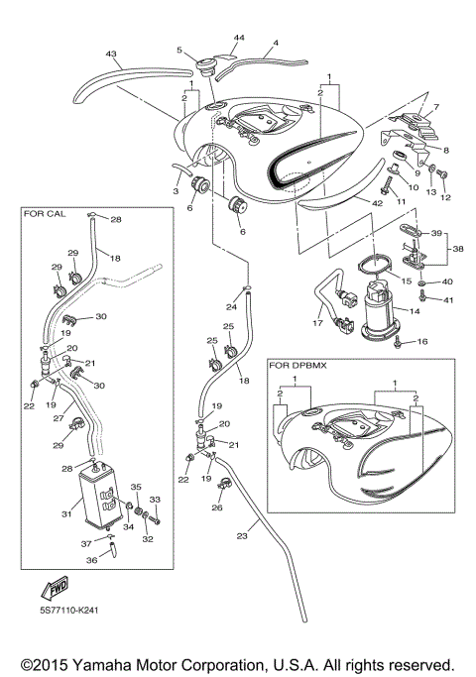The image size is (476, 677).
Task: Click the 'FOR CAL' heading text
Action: (43, 213)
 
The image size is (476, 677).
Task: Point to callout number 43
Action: (111, 54)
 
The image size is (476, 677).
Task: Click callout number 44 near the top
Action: (238, 37)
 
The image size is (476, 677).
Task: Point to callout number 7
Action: (436, 106)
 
